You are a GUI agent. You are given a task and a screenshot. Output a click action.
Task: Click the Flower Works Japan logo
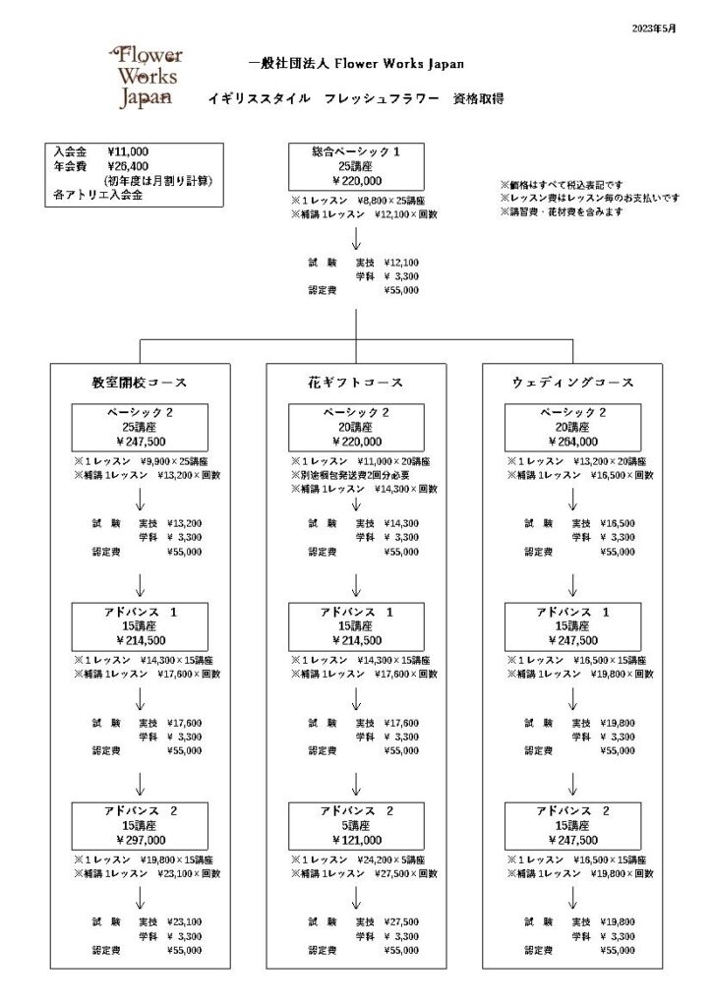click(147, 77)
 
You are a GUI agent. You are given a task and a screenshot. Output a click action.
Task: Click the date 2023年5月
click(654, 29)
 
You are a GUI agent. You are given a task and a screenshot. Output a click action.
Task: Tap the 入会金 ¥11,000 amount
click(128, 152)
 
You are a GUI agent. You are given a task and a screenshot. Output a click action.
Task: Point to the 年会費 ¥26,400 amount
click(128, 167)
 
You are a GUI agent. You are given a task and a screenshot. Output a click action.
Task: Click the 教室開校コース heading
click(140, 383)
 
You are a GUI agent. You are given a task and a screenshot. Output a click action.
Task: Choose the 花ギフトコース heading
click(356, 383)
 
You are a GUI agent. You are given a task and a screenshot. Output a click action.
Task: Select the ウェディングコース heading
click(572, 383)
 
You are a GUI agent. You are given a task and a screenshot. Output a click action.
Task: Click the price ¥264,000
click(573, 442)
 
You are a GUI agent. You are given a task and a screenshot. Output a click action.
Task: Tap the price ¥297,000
click(141, 840)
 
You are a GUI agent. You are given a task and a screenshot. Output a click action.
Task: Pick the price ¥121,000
click(357, 840)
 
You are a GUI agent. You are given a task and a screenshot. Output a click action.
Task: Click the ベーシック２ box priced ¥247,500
click(140, 428)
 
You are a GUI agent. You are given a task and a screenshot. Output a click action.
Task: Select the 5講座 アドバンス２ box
click(356, 826)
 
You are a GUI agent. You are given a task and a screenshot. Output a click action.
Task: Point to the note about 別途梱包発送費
click(351, 475)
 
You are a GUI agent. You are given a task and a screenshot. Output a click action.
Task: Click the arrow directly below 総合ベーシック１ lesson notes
click(356, 238)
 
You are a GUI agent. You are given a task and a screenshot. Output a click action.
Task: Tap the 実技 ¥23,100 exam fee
click(170, 922)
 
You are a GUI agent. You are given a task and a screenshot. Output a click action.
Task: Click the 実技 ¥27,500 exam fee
click(387, 922)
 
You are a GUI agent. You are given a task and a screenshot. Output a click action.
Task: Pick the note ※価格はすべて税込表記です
click(563, 185)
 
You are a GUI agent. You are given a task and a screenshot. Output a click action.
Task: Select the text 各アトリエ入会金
click(98, 196)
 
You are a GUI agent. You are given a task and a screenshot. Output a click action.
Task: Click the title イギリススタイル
click(260, 99)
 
